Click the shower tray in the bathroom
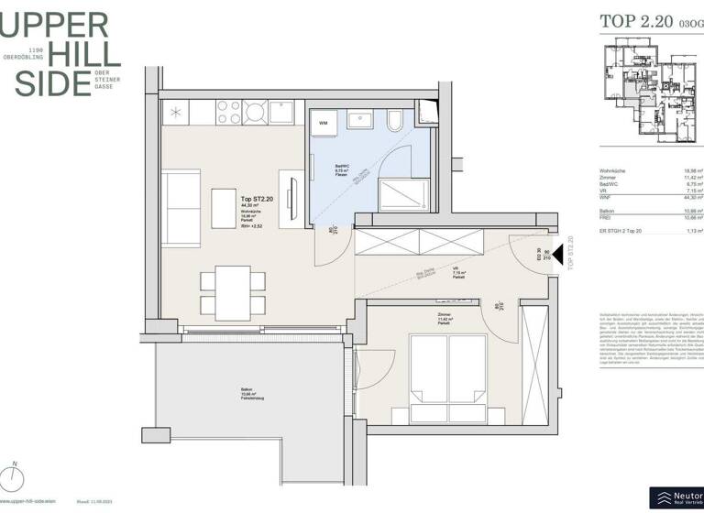tap(404, 193)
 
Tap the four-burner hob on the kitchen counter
tap(240, 113)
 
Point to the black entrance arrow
tap(556, 268)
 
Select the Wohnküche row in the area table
tap(651, 170)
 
